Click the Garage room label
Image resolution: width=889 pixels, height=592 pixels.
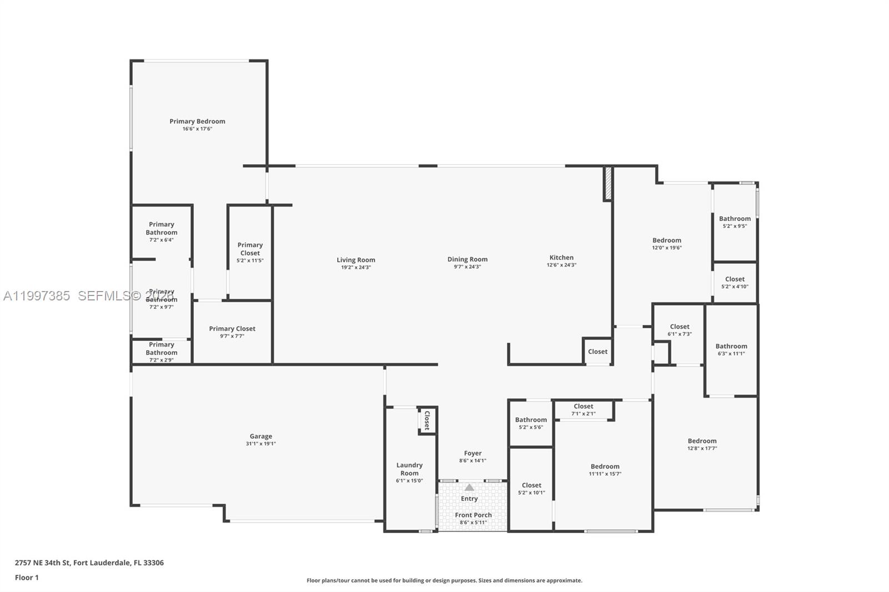(x=261, y=437)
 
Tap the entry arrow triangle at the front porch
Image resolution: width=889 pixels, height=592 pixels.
(x=470, y=487)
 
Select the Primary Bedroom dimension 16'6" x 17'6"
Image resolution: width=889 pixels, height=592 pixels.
(x=197, y=129)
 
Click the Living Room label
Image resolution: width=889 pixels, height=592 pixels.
(x=356, y=260)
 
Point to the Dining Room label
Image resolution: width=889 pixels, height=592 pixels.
(x=467, y=259)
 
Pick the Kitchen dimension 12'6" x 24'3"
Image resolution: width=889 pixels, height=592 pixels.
(x=561, y=265)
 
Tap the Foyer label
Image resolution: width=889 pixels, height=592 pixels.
(x=473, y=453)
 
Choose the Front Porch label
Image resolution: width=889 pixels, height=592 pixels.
(x=473, y=515)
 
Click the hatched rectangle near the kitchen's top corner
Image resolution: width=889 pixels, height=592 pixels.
(x=608, y=183)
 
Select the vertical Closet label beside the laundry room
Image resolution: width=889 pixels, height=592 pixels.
(x=427, y=420)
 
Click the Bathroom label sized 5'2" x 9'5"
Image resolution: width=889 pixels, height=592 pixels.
(x=735, y=219)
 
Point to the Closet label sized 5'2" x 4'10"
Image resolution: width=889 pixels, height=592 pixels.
(x=735, y=279)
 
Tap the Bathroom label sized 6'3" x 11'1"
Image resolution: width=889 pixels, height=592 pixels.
(x=731, y=346)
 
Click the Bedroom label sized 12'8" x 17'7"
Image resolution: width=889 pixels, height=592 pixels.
(x=702, y=441)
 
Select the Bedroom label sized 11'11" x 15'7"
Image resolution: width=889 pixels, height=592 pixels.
(x=605, y=466)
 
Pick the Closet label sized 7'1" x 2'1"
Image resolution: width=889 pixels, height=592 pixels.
(x=583, y=407)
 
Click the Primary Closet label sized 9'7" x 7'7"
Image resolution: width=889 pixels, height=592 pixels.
(x=232, y=329)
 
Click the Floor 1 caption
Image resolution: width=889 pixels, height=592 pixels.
(x=27, y=578)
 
